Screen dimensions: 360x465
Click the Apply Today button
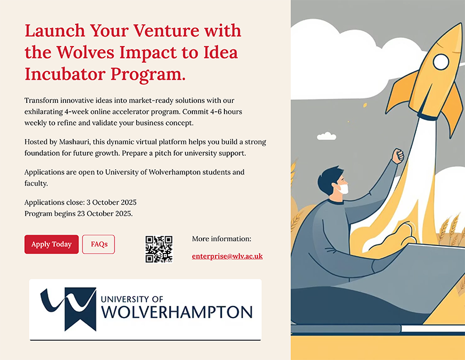point(51,244)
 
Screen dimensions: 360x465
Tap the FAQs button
point(99,244)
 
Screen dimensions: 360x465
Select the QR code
point(159,249)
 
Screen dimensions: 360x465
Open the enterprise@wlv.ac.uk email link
point(227,256)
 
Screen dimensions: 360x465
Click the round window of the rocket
point(441,61)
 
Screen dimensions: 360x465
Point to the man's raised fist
point(398,156)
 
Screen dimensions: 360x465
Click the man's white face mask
point(344,188)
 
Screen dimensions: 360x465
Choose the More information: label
point(221,239)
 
